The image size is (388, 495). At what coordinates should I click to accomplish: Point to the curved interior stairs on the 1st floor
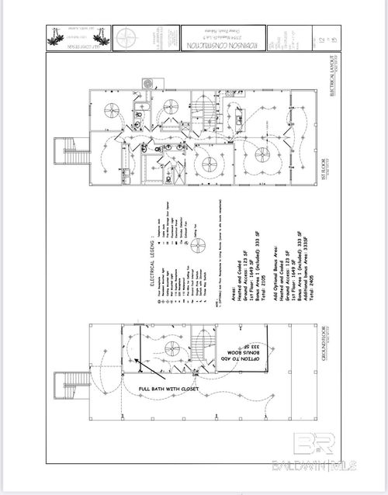[203, 106]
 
